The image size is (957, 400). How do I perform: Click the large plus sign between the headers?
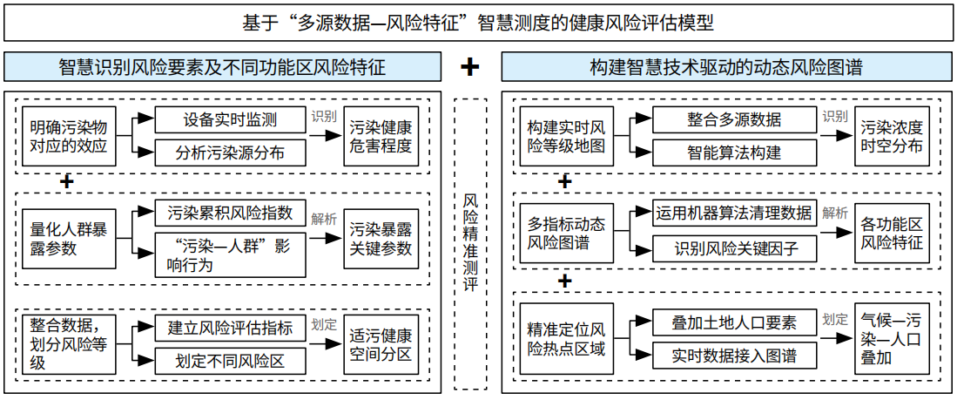pyautogui.click(x=470, y=67)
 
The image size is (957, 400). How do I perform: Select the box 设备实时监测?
pyautogui.click(x=230, y=120)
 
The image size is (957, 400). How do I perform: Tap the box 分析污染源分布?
pyautogui.click(x=230, y=153)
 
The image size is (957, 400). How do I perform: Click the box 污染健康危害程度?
pyautogui.click(x=381, y=137)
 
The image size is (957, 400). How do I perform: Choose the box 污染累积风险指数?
pyautogui.click(x=230, y=214)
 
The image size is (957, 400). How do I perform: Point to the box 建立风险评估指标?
pyautogui.click(x=230, y=329)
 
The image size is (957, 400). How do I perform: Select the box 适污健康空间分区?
pyautogui.click(x=381, y=345)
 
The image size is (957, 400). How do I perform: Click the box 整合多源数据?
pyautogui.click(x=734, y=120)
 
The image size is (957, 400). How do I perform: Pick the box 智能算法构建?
pyautogui.click(x=734, y=153)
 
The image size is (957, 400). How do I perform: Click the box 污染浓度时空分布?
pyautogui.click(x=892, y=137)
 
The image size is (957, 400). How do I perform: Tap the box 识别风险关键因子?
pyautogui.click(x=734, y=248)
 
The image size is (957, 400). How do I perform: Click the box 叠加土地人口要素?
pyautogui.click(x=734, y=322)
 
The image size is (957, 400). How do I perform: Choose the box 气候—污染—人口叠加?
pyautogui.click(x=892, y=338)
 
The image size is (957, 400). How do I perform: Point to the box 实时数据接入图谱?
pyautogui.click(x=734, y=356)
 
